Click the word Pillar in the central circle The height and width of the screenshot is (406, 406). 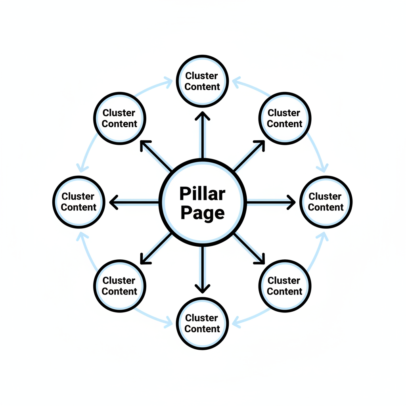click(202, 194)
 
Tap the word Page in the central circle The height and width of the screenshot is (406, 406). click(202, 213)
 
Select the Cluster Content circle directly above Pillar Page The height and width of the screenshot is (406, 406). click(202, 81)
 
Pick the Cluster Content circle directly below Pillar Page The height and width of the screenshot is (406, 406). click(202, 323)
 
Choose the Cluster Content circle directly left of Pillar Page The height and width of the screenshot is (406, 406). click(79, 202)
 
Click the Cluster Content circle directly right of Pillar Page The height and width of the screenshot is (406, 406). click(326, 202)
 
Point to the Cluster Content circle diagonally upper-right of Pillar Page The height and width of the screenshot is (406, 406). click(284, 118)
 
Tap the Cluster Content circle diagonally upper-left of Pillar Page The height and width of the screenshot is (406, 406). click(119, 118)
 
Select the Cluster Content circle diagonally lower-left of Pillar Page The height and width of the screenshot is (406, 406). click(119, 286)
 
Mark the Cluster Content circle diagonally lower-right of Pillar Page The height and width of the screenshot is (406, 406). click(284, 286)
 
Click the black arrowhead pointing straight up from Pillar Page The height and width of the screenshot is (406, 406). click(203, 116)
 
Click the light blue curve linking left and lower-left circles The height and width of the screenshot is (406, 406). click(85, 250)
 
